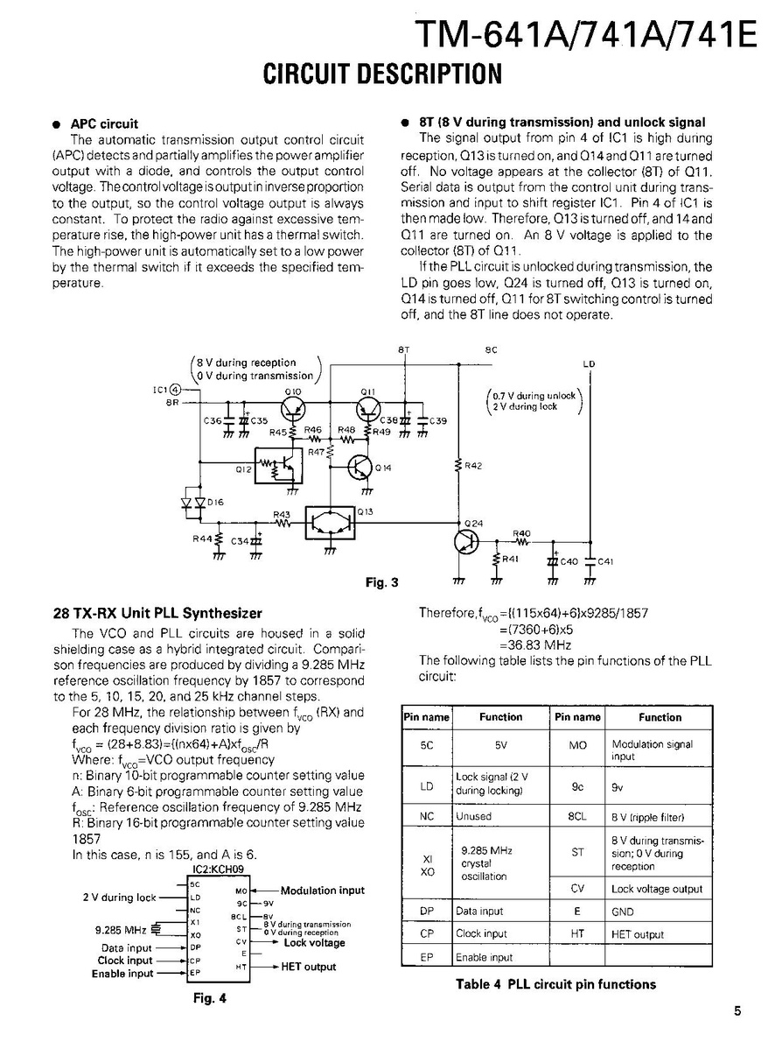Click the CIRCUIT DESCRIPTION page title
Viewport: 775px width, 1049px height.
[x=382, y=74]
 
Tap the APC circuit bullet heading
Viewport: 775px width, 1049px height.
[x=104, y=123]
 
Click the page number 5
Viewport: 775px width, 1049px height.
[x=737, y=1011]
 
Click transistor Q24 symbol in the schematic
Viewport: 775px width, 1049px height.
[x=466, y=541]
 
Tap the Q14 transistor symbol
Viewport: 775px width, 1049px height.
[x=360, y=468]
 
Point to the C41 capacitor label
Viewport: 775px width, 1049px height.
[x=605, y=561]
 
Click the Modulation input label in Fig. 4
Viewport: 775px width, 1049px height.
[x=322, y=891]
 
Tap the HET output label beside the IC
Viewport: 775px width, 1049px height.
[x=308, y=967]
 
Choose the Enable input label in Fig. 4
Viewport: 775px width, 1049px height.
[x=122, y=974]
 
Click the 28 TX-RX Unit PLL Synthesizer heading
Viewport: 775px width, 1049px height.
[x=158, y=614]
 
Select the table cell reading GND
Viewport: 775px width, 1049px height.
[x=622, y=912]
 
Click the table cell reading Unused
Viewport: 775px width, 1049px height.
[x=474, y=816]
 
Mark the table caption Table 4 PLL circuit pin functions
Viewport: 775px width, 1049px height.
[x=555, y=984]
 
